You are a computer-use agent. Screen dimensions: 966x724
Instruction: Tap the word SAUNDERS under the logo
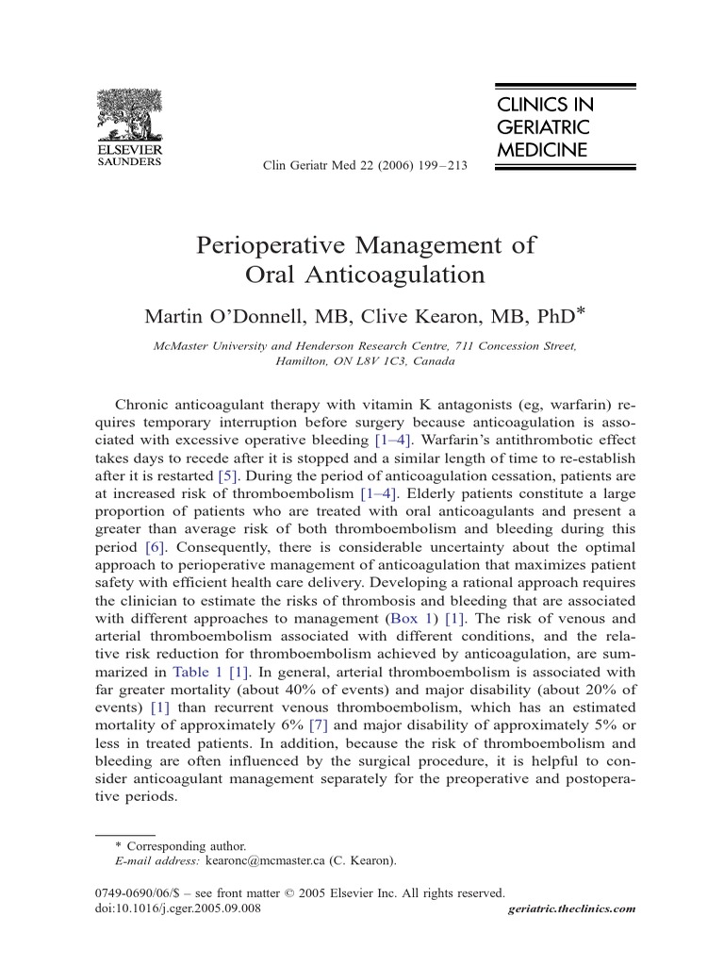pyautogui.click(x=130, y=160)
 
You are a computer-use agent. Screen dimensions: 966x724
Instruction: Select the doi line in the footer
pyautogui.click(x=179, y=908)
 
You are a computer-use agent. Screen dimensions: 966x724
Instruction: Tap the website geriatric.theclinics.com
pyautogui.click(x=571, y=909)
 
